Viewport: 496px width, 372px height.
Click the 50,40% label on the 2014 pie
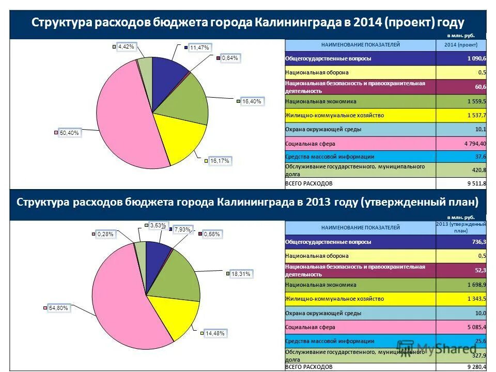click(69, 133)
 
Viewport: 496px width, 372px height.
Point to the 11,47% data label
click(199, 48)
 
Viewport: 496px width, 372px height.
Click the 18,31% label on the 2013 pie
click(241, 274)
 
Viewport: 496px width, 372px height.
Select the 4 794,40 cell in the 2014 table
click(472, 143)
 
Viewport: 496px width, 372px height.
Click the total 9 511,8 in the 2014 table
click(474, 183)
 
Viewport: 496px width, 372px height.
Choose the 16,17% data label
click(220, 161)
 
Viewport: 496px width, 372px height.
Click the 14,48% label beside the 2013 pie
click(214, 333)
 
